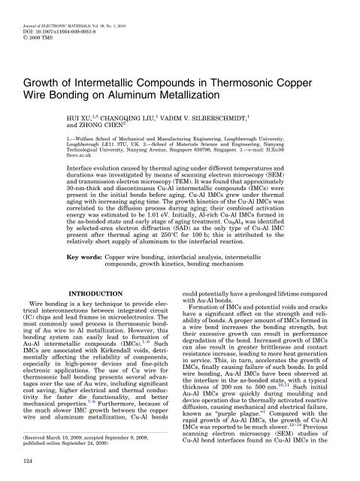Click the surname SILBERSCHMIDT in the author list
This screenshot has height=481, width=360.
(x=261, y=119)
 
